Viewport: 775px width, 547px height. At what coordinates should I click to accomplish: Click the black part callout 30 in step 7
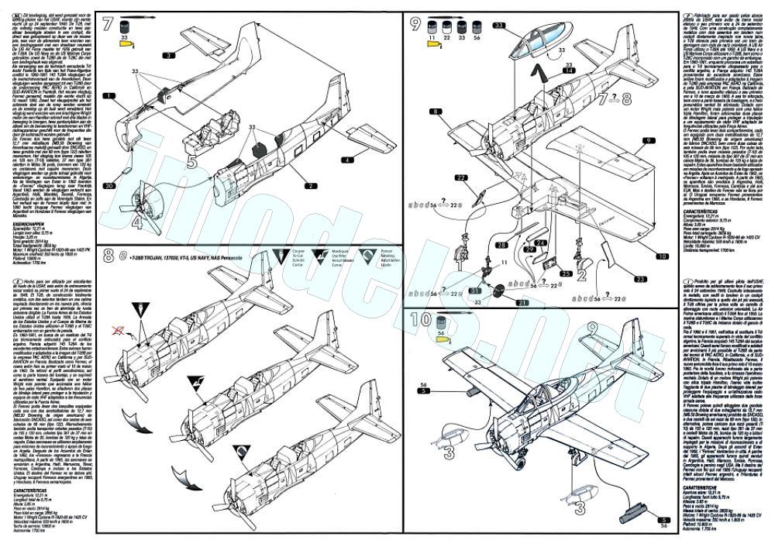tap(111, 187)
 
